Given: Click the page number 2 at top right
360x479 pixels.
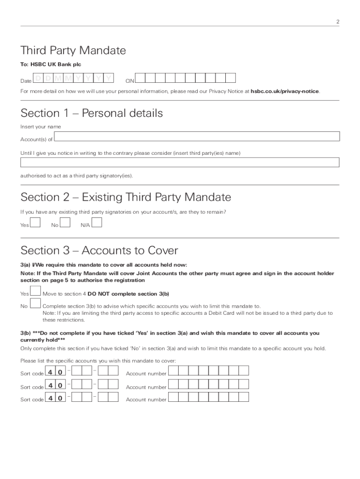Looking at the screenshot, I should pyautogui.click(x=337, y=22).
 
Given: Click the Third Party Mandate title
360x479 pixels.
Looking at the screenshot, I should pyautogui.click(x=73, y=51).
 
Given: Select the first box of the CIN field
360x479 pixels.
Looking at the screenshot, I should pyautogui.click(x=140, y=78).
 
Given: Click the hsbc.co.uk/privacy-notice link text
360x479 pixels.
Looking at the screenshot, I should pyautogui.click(x=285, y=91).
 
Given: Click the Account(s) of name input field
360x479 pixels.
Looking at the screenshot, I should pyautogui.click(x=197, y=136).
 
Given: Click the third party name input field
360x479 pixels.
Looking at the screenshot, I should pyautogui.click(x=180, y=162).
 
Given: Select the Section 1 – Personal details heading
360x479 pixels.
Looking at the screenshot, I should pyautogui.click(x=92, y=113).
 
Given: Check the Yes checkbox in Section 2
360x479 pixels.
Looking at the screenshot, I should pyautogui.click(x=35, y=222).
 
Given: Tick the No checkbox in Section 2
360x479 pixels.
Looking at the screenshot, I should pyautogui.click(x=65, y=222).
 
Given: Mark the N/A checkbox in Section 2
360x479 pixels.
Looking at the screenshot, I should pyautogui.click(x=97, y=222).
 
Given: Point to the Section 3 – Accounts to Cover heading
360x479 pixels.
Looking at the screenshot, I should pyautogui.click(x=99, y=250).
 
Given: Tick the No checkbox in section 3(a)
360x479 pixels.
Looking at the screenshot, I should pyautogui.click(x=35, y=304).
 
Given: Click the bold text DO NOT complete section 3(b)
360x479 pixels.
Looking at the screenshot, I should pyautogui.click(x=128, y=294).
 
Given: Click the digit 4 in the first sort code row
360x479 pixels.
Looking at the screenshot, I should pyautogui.click(x=50, y=372).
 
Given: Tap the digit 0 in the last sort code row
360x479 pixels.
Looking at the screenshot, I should pyautogui.click(x=60, y=398).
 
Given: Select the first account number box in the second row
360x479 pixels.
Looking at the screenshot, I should pyautogui.click(x=173, y=385).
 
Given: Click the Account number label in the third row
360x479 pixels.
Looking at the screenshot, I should pyautogui.click(x=146, y=400).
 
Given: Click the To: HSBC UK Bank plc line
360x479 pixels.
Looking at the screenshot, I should pyautogui.click(x=51, y=65).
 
